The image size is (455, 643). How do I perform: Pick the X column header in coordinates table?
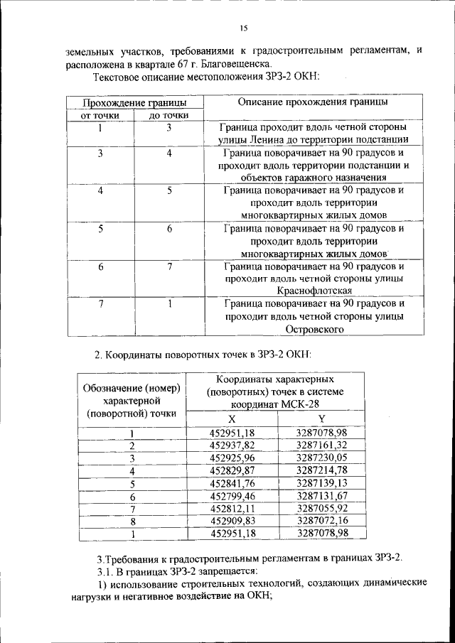[x=231, y=418]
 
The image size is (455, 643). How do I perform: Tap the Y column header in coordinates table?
[x=321, y=418]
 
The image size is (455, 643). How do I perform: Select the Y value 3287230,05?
[x=321, y=458]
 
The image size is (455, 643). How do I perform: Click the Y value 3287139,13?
[x=321, y=483]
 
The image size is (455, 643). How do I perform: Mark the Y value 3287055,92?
[x=321, y=509]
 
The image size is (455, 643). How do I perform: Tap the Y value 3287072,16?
[x=321, y=522]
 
